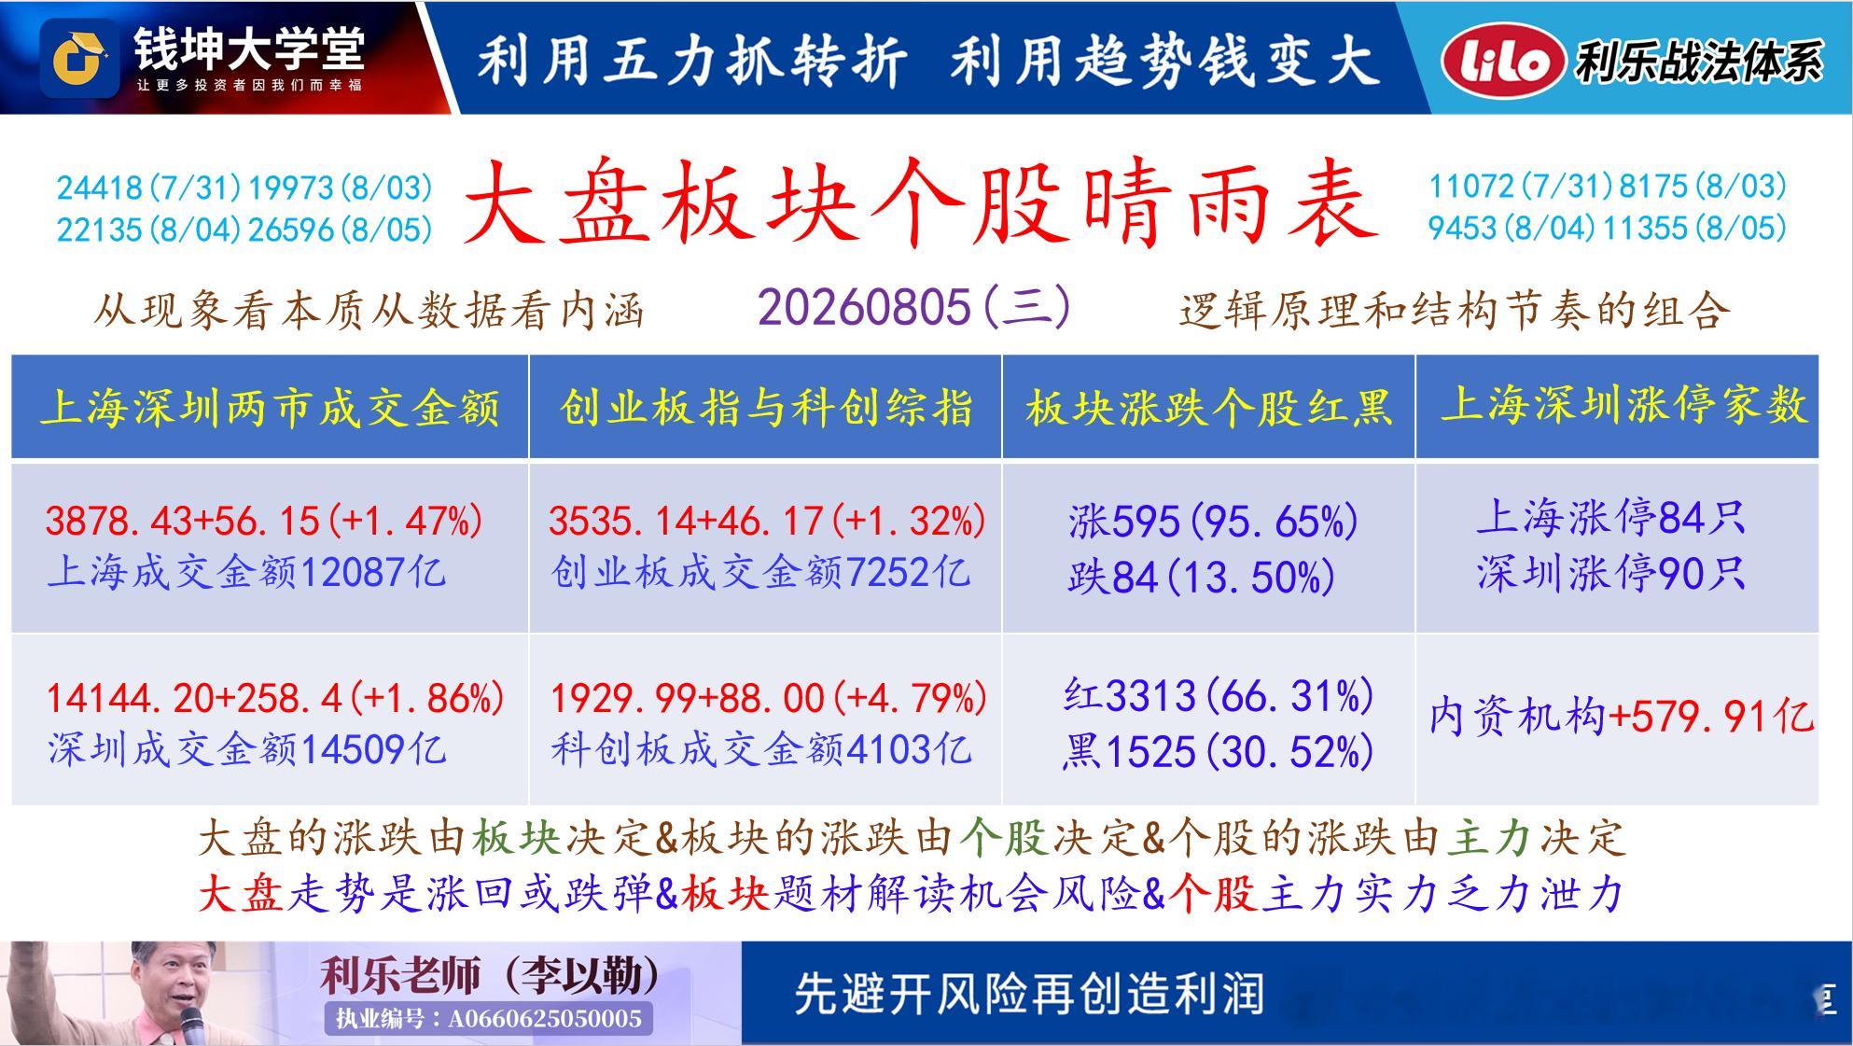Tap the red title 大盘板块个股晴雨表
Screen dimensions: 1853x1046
point(922,203)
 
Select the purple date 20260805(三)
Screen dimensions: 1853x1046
point(914,307)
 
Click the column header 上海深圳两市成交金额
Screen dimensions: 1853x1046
point(271,408)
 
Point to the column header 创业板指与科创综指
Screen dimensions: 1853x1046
point(766,408)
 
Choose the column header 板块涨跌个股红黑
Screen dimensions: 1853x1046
point(1209,408)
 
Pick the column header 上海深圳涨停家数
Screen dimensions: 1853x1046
point(1624,405)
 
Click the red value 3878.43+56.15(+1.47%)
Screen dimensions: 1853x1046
point(264,521)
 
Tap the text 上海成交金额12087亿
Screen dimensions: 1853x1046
point(246,571)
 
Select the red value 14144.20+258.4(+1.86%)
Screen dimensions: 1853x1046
point(275,698)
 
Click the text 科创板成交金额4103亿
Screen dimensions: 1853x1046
point(761,748)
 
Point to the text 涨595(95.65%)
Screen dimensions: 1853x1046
point(1213,521)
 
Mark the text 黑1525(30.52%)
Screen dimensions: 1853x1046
point(1218,751)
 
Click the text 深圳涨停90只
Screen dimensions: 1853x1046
point(1611,573)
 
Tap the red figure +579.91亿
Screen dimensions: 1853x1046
point(1712,716)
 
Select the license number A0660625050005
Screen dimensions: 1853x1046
point(545,1018)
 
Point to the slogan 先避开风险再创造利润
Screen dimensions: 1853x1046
point(1029,994)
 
